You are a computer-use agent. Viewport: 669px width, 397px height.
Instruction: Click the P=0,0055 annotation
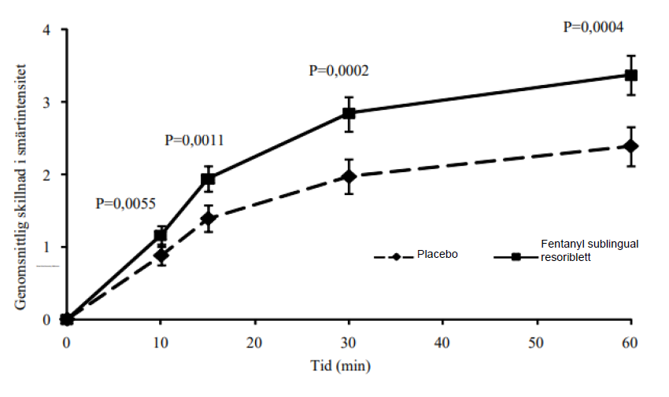point(126,203)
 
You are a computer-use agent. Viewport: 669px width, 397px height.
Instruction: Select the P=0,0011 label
point(194,141)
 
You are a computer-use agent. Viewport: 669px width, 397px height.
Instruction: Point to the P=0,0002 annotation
point(339,71)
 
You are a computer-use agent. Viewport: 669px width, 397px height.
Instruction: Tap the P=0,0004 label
point(593,27)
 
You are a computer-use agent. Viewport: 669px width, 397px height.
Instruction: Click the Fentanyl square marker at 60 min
point(630,75)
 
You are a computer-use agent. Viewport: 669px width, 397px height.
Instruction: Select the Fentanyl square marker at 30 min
point(349,113)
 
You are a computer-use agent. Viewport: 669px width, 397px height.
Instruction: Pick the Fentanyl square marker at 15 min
point(208,179)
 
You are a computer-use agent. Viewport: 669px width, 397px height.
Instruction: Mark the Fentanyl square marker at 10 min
point(161,235)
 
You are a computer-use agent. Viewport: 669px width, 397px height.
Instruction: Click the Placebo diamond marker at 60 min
point(630,146)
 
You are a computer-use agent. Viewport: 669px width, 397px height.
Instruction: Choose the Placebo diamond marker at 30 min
point(349,177)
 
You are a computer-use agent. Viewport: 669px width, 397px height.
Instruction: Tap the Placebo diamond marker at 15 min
point(208,218)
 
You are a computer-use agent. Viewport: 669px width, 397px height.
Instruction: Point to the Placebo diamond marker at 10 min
point(161,255)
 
